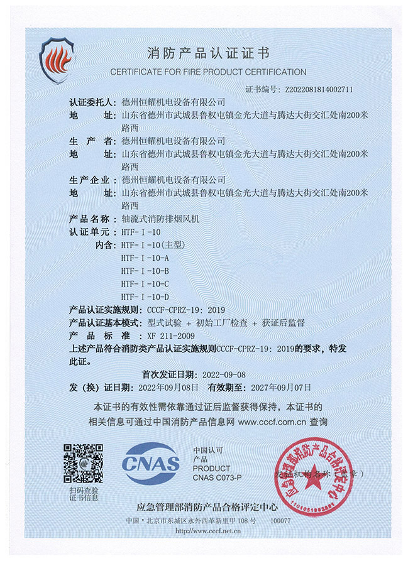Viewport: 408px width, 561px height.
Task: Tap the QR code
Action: [82, 463]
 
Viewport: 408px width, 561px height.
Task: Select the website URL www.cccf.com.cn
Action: [272, 423]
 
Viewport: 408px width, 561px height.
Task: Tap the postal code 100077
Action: [277, 522]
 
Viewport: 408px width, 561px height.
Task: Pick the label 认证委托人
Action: [92, 102]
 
